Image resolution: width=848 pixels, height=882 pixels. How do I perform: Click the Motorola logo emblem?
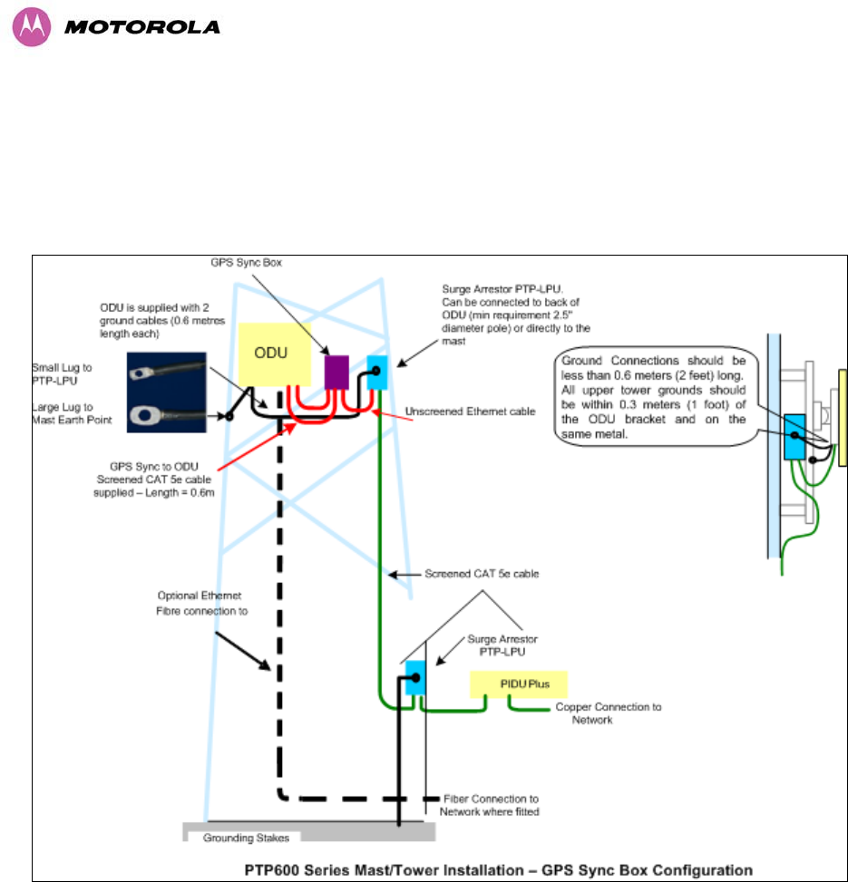pyautogui.click(x=30, y=27)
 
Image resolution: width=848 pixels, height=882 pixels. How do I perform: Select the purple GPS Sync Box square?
pyautogui.click(x=336, y=371)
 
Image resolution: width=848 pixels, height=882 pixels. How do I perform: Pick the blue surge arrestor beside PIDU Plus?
pyautogui.click(x=415, y=677)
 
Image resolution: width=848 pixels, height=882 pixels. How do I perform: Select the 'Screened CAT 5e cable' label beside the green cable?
pyautogui.click(x=473, y=574)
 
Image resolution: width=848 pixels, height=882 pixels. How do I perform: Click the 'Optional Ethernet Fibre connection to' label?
pyautogui.click(x=198, y=604)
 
